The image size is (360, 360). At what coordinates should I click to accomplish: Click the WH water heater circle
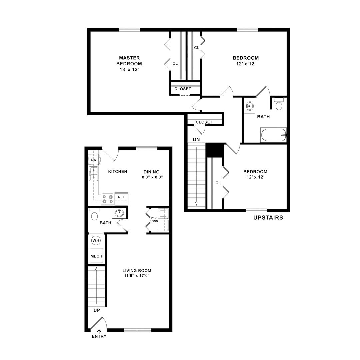point(96,240)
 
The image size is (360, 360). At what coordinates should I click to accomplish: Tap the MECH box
point(96,256)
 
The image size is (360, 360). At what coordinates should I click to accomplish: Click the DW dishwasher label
point(94,160)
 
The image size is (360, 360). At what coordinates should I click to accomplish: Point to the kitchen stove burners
point(108,199)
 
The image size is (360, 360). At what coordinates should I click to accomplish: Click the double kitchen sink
point(93,174)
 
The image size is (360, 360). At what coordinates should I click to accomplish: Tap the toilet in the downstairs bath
point(94,214)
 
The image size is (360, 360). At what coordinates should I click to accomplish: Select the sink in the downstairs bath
point(119,213)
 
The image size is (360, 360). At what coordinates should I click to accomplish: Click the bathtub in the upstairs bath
point(273,135)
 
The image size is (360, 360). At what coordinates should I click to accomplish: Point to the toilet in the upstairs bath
point(279,104)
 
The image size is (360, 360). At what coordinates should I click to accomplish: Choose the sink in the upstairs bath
point(250,106)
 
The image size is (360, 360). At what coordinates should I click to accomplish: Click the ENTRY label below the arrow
point(99,336)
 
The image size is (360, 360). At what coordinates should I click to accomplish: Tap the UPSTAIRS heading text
point(268,217)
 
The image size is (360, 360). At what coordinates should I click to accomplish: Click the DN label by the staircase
point(196,139)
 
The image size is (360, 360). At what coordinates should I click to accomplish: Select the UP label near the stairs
point(97,310)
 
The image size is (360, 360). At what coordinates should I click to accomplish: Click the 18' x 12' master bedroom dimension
point(129,69)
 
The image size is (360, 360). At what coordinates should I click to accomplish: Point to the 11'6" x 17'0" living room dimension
point(137,276)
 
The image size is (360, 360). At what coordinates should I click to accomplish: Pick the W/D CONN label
point(154,219)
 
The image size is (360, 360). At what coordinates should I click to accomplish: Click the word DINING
point(152,172)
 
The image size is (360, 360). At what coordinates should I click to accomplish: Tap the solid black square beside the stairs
point(215,150)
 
